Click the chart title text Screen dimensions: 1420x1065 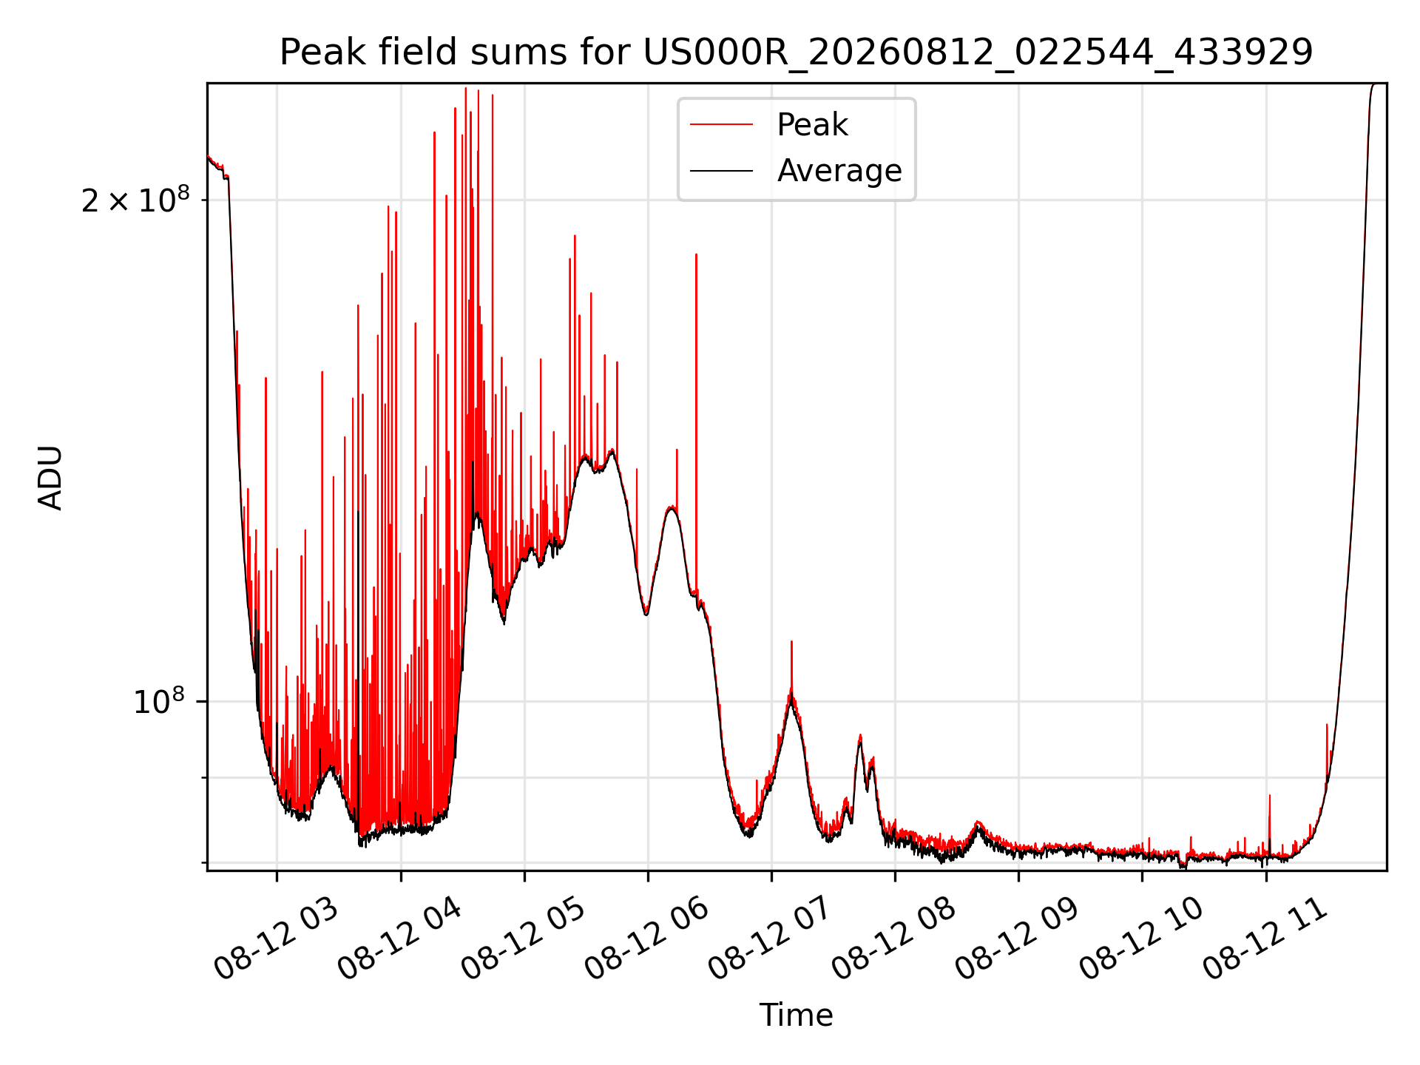(x=796, y=53)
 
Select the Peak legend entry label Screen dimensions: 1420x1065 (x=812, y=125)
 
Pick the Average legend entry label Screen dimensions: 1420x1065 (x=839, y=171)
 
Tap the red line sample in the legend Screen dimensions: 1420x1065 (x=721, y=125)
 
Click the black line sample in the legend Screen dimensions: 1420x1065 (x=721, y=171)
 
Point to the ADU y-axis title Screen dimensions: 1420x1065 (x=50, y=477)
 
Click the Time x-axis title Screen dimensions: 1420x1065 (x=796, y=1015)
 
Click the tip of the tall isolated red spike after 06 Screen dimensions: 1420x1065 (x=696, y=254)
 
